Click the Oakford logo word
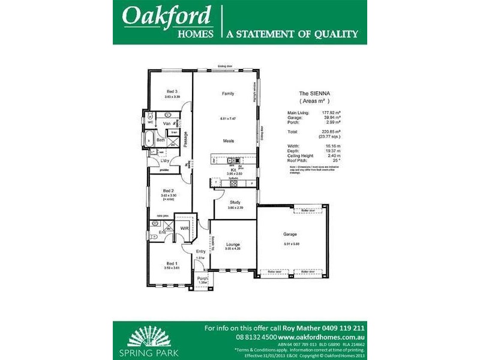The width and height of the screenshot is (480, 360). (167, 16)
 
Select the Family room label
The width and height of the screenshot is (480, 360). (227, 94)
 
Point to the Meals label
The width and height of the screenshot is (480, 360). (229, 141)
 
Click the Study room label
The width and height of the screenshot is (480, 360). (235, 202)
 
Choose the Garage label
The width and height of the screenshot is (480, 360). (290, 234)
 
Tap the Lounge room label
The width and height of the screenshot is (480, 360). (233, 244)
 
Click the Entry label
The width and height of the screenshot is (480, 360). (200, 252)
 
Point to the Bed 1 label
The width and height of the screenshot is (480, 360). (172, 263)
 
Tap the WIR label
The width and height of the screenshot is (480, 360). (185, 229)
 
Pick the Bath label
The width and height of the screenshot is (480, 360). (161, 140)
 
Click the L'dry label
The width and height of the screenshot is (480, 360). (164, 160)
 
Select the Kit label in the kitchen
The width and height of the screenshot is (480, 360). (233, 170)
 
